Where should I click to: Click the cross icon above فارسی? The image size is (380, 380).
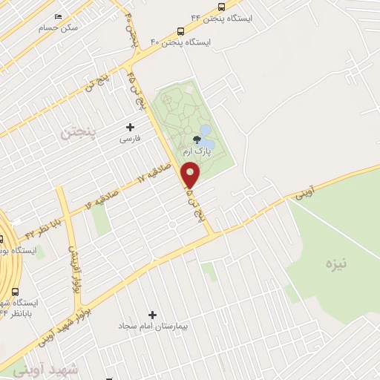(x=131, y=127)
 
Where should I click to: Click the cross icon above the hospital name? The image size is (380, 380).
(x=154, y=315)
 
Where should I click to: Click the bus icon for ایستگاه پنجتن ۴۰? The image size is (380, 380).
(x=181, y=31)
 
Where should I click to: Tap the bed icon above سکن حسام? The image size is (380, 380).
(x=59, y=16)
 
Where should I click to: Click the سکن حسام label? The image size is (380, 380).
(x=59, y=27)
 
